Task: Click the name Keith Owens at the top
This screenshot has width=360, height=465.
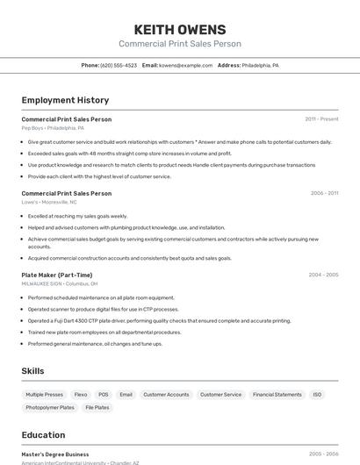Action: pyautogui.click(x=180, y=29)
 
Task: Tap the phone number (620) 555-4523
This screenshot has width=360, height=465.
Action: pyautogui.click(x=119, y=66)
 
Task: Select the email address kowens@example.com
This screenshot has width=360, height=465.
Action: pyautogui.click(x=186, y=66)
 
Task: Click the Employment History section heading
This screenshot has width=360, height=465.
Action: pyautogui.click(x=65, y=100)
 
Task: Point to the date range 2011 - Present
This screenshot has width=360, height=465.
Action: pyautogui.click(x=321, y=119)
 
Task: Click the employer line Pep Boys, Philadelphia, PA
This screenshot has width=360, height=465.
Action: pyautogui.click(x=53, y=128)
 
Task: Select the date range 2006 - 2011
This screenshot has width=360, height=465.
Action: pyautogui.click(x=324, y=193)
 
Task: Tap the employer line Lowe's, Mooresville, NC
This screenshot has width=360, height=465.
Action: pyautogui.click(x=49, y=202)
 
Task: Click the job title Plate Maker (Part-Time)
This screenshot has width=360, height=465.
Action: pyautogui.click(x=57, y=275)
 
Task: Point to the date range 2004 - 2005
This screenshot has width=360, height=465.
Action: pyautogui.click(x=323, y=275)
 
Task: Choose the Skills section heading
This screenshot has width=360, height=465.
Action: pyautogui.click(x=32, y=371)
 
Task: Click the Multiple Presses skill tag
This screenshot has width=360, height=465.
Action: pyautogui.click(x=45, y=395)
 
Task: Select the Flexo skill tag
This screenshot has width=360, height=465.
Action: pyautogui.click(x=81, y=395)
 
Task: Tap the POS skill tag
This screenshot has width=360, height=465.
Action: pyautogui.click(x=104, y=395)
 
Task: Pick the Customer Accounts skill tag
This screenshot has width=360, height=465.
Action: pyautogui.click(x=166, y=395)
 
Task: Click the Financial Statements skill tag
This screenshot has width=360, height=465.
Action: pyautogui.click(x=277, y=395)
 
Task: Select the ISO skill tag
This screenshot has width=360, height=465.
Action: pyautogui.click(x=317, y=395)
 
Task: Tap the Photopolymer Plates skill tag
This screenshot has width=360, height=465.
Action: pyautogui.click(x=50, y=408)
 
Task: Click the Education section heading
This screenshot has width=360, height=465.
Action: pyautogui.click(x=43, y=435)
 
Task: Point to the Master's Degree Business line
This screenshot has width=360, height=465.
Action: pyautogui.click(x=55, y=454)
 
